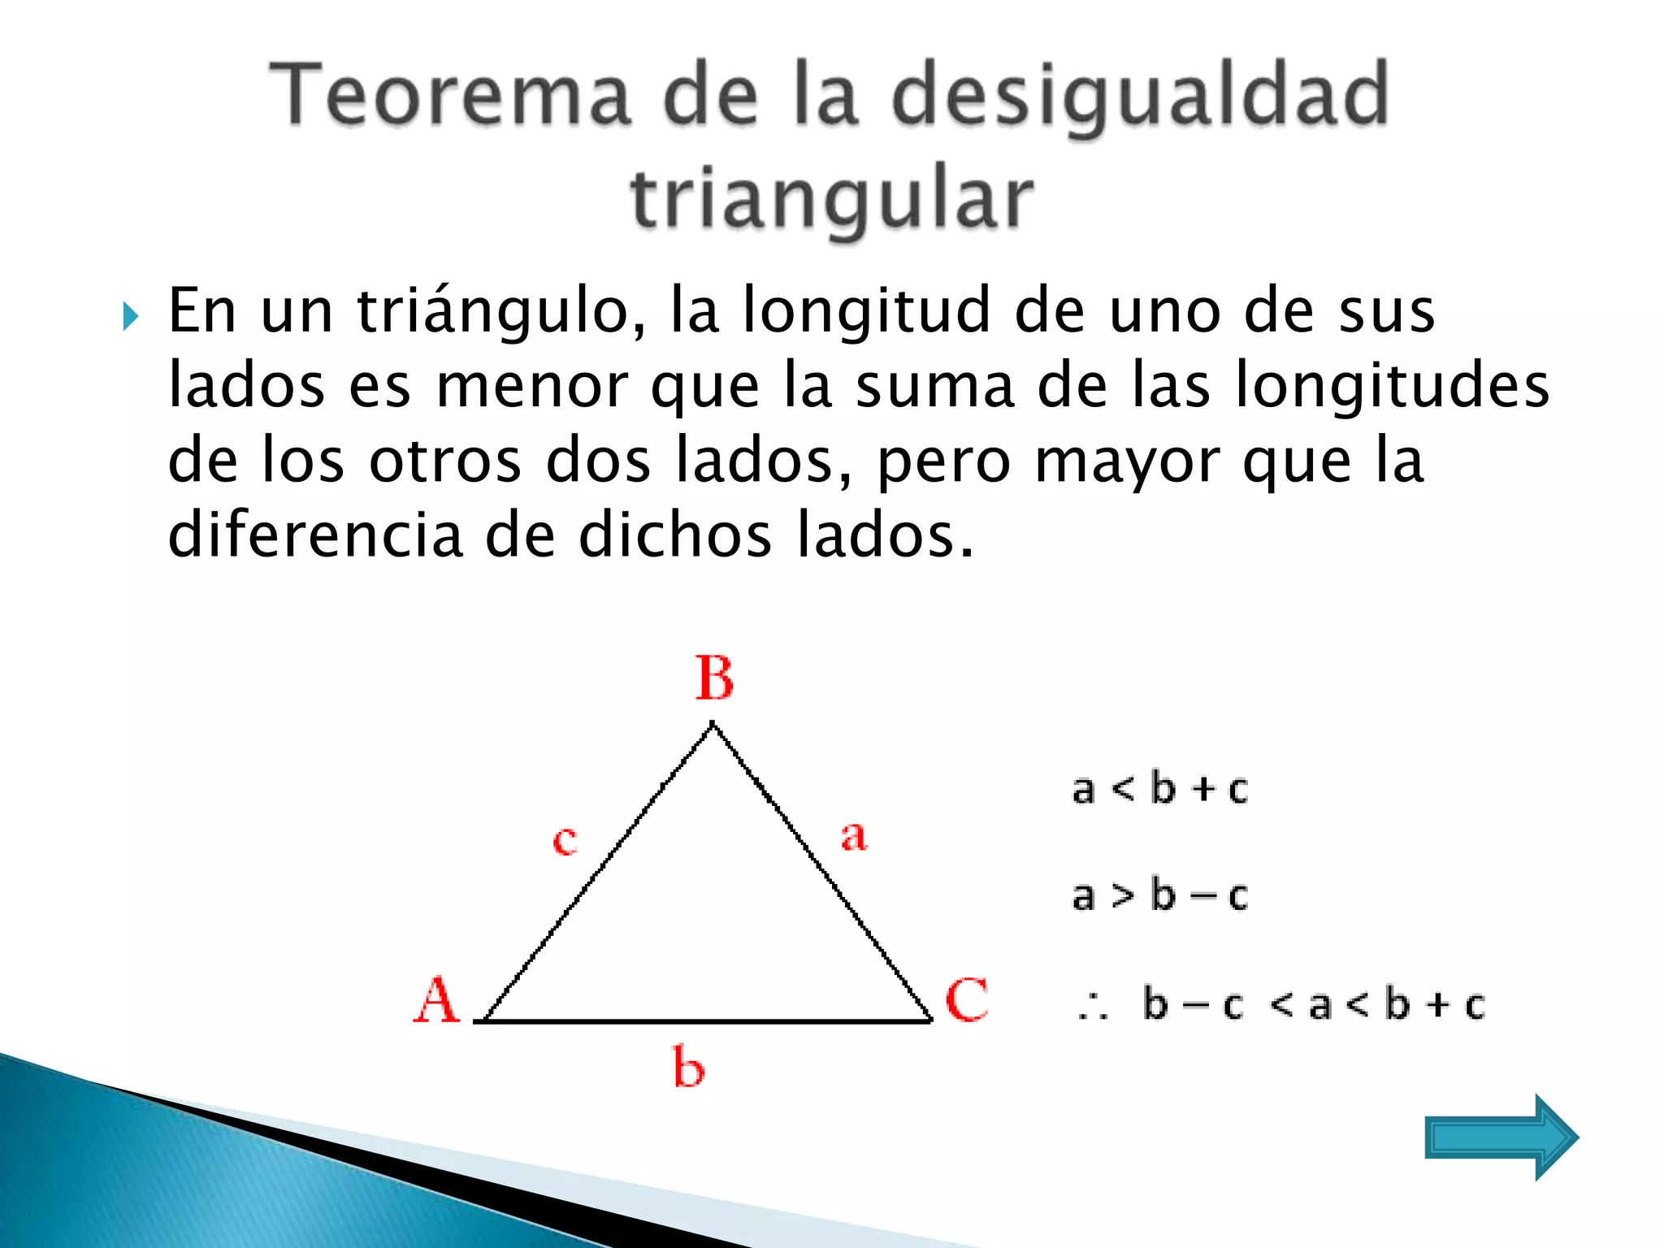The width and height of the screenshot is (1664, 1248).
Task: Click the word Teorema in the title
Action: coord(450,95)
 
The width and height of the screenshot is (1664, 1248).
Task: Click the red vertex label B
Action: coord(714,678)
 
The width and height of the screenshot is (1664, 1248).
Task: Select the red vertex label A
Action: coord(436,1000)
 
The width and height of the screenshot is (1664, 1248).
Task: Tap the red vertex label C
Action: coord(966,999)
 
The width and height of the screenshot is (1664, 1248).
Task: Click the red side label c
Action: coord(565,840)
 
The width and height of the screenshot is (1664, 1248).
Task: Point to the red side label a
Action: coord(853,836)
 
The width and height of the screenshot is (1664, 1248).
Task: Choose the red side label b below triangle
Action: coord(688,1067)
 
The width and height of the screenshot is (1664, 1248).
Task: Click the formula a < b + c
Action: coord(1159,789)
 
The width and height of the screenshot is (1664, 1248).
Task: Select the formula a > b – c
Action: coord(1159,895)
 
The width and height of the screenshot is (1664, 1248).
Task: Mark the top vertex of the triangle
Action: coord(713,724)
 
